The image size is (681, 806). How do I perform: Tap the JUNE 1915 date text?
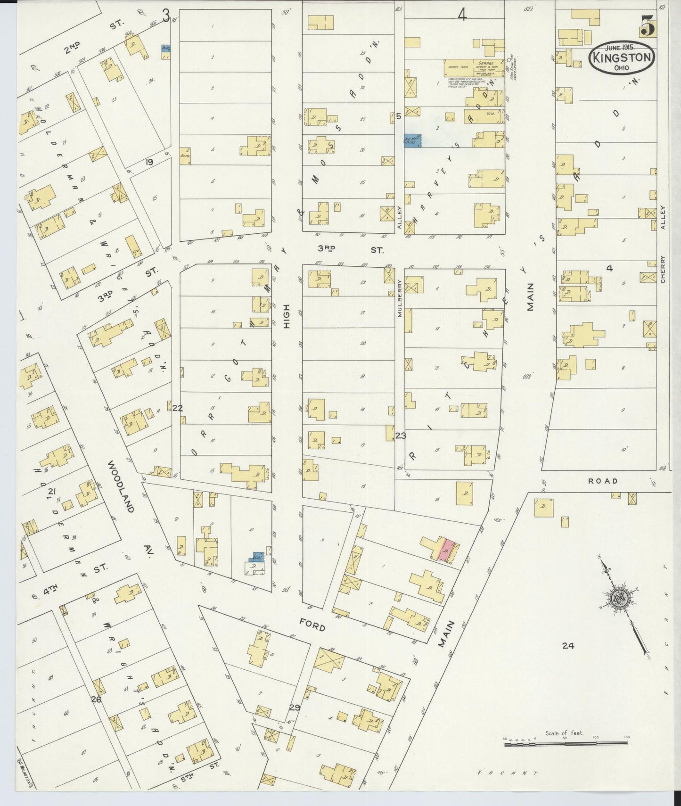point(620,47)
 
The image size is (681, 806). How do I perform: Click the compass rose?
point(618,599)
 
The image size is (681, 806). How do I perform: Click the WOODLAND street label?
point(122,485)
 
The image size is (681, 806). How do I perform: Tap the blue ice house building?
point(412,140)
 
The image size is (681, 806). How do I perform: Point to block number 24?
point(568,646)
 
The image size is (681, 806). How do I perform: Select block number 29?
point(295,707)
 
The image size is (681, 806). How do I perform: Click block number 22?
point(177,408)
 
